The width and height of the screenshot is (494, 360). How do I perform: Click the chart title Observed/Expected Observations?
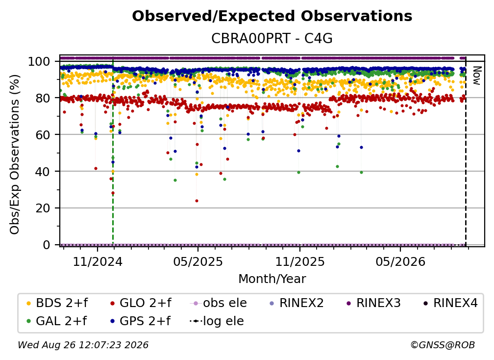272,16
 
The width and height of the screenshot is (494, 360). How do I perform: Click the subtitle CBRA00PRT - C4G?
272,38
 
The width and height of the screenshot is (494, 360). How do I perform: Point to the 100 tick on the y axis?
39,61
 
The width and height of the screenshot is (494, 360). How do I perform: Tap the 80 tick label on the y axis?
43,98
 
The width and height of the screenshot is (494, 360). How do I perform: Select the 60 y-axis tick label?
43,134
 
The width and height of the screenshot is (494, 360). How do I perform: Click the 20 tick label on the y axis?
43,208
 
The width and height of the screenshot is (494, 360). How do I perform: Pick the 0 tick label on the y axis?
47,245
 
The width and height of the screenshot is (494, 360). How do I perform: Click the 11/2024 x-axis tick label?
98,262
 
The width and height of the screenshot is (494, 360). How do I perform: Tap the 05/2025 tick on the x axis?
198,262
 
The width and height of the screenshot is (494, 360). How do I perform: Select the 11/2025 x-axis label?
300,262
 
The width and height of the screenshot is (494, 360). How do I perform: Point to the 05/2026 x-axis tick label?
400,262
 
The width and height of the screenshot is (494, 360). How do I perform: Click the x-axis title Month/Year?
272,279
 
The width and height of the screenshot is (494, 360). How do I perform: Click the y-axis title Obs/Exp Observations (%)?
15,154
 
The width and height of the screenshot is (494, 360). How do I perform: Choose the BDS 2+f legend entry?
57,303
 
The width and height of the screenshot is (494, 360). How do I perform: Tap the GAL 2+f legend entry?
57,321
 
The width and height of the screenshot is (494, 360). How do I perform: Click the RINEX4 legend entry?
450,303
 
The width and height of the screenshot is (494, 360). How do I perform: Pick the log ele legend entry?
217,321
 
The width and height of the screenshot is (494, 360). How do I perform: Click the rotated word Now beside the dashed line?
477,76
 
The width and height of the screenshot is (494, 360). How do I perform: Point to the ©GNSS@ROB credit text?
443,345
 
